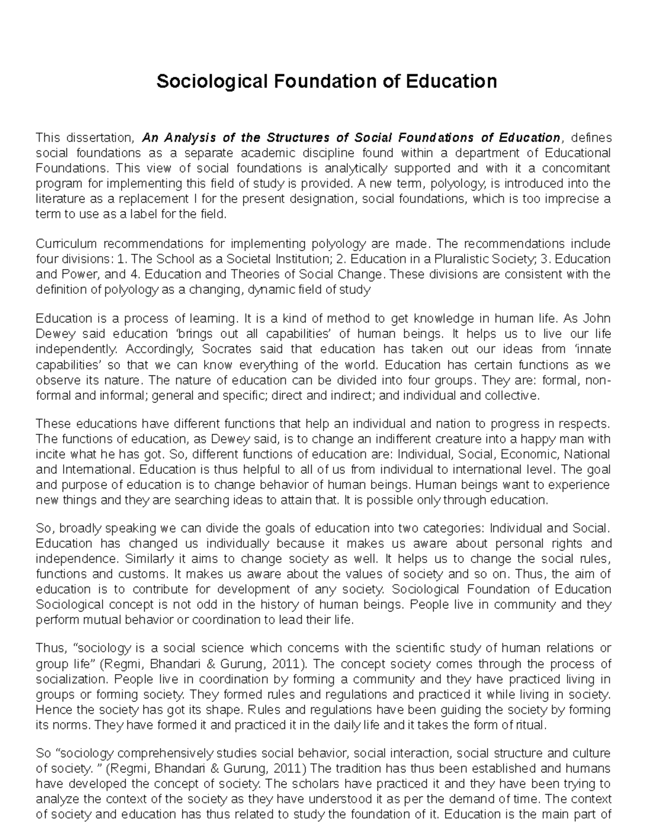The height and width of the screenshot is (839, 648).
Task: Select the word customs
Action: click(133, 573)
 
